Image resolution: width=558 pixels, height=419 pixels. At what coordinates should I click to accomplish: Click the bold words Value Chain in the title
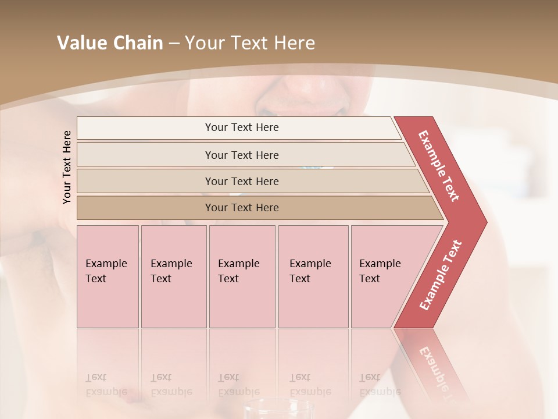click(110, 43)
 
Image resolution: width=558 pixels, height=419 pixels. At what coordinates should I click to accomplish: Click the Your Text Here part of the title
click(250, 43)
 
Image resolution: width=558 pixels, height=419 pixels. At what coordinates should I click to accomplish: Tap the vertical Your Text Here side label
click(67, 167)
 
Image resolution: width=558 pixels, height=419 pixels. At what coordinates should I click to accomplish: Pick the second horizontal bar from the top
click(241, 155)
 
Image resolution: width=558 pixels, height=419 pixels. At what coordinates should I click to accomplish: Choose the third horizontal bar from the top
click(241, 181)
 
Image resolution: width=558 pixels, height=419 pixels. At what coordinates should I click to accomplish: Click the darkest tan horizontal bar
click(241, 208)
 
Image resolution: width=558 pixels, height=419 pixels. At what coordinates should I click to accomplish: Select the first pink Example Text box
click(108, 276)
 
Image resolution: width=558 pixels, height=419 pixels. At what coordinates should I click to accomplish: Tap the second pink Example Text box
click(174, 276)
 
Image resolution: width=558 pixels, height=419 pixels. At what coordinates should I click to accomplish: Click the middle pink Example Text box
click(242, 276)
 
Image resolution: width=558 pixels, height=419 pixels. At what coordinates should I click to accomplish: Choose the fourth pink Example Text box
click(313, 276)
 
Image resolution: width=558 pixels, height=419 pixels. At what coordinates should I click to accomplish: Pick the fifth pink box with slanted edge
click(384, 276)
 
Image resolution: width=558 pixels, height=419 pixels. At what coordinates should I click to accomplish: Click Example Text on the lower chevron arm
click(441, 275)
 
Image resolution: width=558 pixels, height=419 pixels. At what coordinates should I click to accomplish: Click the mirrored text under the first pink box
click(106, 385)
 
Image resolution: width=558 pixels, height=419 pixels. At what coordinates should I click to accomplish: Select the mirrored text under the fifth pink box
click(380, 385)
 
